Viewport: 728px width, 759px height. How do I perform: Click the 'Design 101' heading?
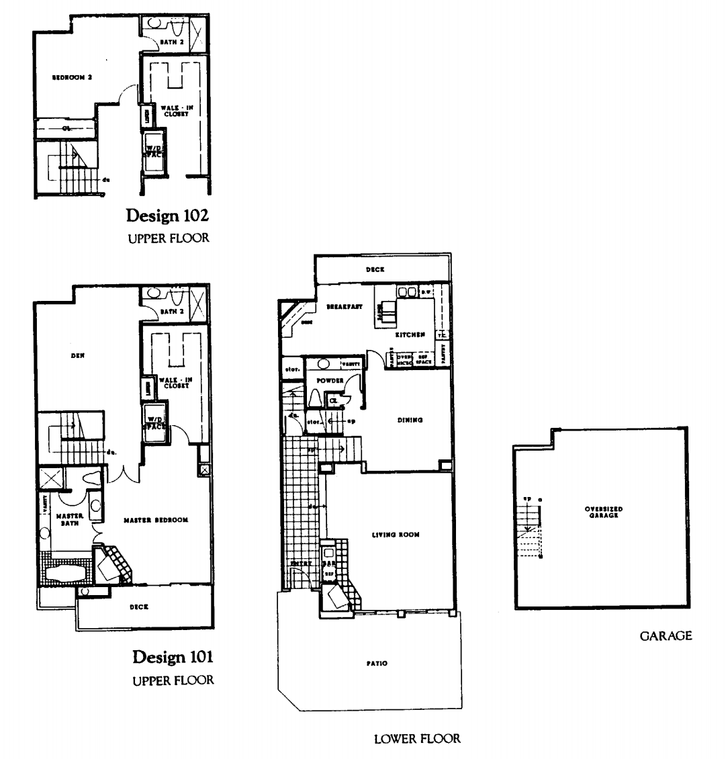point(173,656)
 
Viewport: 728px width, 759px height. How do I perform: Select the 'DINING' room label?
point(410,420)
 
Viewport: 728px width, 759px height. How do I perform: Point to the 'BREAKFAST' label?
point(345,306)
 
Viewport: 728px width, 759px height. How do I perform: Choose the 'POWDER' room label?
point(330,381)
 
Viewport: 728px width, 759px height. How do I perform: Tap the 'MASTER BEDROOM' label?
point(155,520)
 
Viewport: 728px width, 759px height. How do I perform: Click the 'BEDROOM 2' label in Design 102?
point(72,77)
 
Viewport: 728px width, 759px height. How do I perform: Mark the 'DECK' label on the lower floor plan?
point(374,269)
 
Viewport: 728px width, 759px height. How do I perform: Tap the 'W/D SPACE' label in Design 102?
point(154,150)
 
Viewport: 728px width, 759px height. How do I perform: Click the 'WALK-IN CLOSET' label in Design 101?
point(175,383)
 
